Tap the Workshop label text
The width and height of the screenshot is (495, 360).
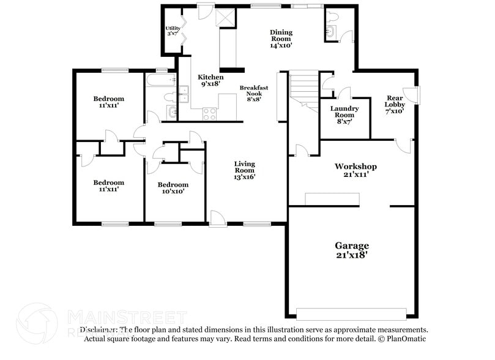pos(355,170)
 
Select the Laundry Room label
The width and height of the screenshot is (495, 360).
pos(344,115)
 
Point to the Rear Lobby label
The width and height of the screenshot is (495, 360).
pos(395,104)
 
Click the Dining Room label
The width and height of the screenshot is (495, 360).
pos(281,38)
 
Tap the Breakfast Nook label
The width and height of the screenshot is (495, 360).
pos(253,93)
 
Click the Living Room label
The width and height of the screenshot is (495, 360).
pos(244,170)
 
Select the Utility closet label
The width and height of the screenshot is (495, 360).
pos(173,31)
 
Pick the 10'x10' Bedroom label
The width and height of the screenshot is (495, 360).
pos(173,187)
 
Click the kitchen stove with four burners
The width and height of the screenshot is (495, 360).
pos(209,113)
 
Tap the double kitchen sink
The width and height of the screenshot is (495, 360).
pos(183,93)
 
